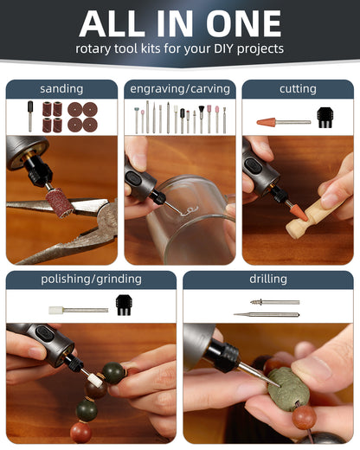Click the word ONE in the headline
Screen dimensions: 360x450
pos(244,23)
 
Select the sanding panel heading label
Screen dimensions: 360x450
pos(61,89)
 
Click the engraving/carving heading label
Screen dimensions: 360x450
pos(180,89)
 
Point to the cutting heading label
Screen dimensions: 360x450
pos(298,89)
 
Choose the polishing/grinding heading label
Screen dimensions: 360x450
pos(91,280)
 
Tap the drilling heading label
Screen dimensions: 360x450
pos(268,279)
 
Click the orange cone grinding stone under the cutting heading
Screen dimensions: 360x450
pos(266,122)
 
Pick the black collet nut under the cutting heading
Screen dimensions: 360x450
pos(325,118)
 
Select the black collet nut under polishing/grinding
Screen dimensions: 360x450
pos(124,305)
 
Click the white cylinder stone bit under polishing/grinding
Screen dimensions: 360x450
pos(55,311)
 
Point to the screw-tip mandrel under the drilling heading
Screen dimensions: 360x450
pos(274,302)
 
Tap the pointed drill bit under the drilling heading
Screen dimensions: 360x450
pos(267,314)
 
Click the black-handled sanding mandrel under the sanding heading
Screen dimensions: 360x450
pos(30,116)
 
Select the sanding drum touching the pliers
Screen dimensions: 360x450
pos(60,202)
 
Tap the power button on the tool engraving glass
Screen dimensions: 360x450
pos(134,178)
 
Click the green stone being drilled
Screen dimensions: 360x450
pos(288,386)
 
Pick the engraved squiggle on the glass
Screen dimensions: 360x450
pos(188,211)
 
